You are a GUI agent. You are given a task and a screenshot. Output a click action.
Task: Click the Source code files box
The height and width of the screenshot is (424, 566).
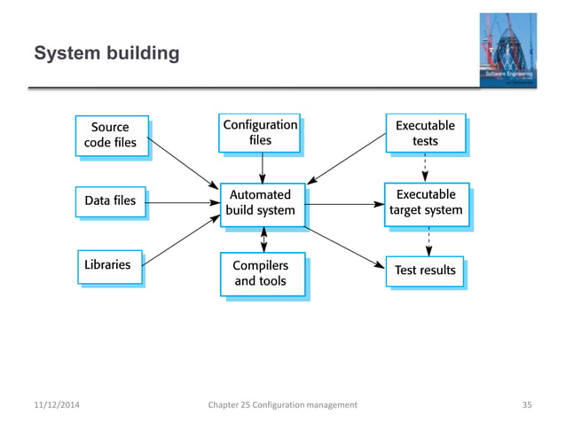[110, 135]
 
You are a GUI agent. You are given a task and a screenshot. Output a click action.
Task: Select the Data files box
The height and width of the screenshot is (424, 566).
[110, 200]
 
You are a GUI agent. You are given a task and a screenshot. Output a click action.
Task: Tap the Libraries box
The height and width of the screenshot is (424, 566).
[107, 264]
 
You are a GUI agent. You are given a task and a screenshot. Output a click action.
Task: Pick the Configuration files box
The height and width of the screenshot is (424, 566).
[260, 132]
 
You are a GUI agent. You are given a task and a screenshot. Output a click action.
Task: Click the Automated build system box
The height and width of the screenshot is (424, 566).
[262, 202]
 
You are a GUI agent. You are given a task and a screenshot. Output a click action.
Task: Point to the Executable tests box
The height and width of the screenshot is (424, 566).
[425, 133]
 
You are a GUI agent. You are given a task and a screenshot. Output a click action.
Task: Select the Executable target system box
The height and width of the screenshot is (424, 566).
[426, 202]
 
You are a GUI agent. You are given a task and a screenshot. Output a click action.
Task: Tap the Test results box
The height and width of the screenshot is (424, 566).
[425, 270]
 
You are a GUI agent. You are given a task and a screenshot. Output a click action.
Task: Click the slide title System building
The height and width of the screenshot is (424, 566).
[106, 55]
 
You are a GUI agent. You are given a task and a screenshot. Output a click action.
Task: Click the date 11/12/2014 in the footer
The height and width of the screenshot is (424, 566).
[52, 404]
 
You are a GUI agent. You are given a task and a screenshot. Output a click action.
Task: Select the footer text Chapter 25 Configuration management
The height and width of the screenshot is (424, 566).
[282, 404]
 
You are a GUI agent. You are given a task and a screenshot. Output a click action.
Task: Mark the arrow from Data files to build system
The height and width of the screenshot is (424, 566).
[182, 204]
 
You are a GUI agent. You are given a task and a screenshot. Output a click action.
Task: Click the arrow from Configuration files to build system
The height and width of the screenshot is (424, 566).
[263, 167]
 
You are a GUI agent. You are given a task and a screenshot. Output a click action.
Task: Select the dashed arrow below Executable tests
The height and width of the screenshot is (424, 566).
[426, 167]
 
